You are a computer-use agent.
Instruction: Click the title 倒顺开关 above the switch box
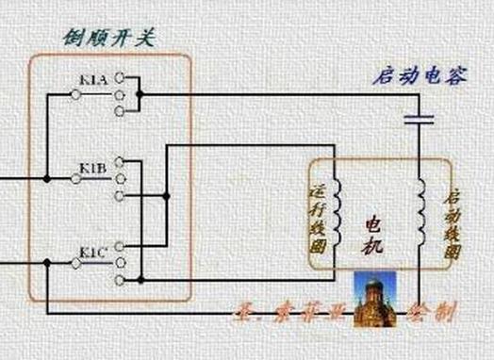coord(109,39)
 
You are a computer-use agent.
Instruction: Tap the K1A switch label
coord(92,80)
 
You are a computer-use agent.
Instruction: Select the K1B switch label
coord(92,168)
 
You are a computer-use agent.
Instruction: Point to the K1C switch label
coord(91,252)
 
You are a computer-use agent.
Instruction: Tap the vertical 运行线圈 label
coord(318,216)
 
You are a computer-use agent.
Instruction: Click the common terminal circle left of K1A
coord(74,94)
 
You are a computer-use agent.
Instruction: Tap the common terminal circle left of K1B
coord(74,179)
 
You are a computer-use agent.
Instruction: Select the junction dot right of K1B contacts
coord(166,197)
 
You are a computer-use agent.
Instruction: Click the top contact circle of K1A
coord(119,79)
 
